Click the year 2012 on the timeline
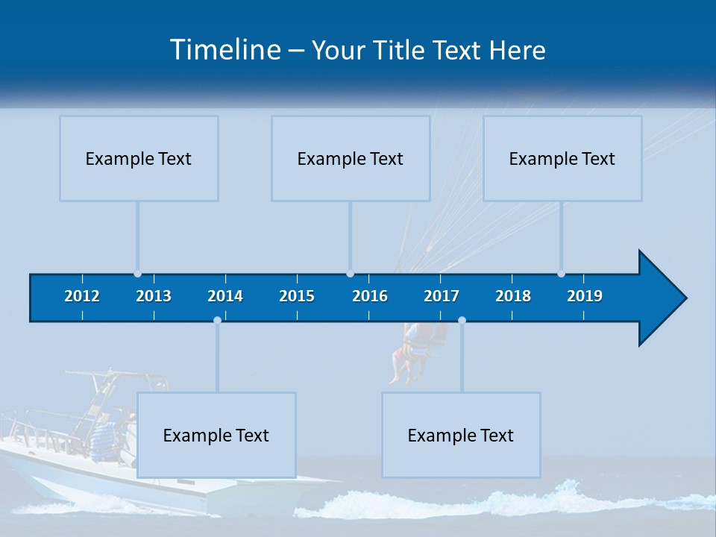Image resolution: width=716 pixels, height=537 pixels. pos(82,296)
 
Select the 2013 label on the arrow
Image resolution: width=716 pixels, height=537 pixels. pos(154,296)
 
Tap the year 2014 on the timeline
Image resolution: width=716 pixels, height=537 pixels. pos(225,296)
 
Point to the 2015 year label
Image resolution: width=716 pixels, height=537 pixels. pos(297,296)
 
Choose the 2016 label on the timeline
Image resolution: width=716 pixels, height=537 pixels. pos(370,296)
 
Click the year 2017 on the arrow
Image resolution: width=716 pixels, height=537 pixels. pos(442,296)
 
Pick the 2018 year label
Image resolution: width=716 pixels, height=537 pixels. pos(513,296)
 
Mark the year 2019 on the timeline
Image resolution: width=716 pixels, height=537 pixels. pos(585,296)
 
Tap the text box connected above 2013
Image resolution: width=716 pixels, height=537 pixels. pos(139,158)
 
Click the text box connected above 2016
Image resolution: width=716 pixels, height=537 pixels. pos(351,158)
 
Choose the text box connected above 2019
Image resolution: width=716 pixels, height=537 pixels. pos(562,158)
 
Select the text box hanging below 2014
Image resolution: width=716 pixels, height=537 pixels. pos(216,435)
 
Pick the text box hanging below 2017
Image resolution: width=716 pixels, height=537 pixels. pos(461,435)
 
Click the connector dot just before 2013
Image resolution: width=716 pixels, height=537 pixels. pos(137,274)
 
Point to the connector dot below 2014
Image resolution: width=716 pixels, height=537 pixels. pos(217,320)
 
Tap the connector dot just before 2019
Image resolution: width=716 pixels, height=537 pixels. pos(561,274)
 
